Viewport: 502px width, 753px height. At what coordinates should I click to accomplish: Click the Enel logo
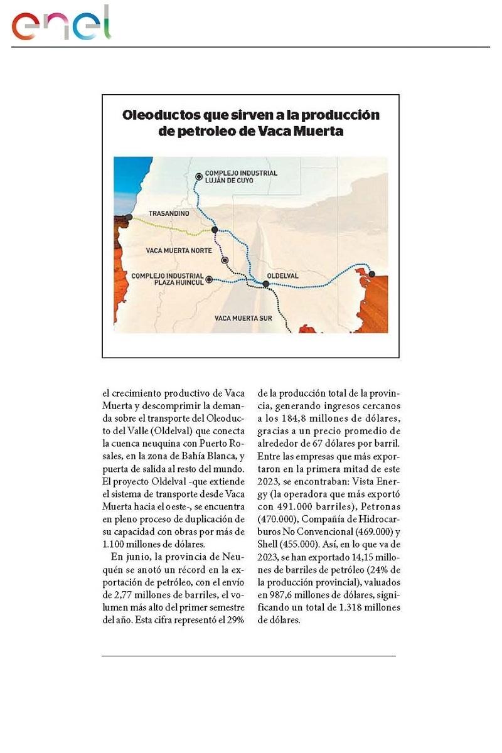[x=61, y=24]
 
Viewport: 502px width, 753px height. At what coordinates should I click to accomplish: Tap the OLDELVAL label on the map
[x=283, y=275]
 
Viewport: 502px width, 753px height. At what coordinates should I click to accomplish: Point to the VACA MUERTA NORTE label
[x=178, y=250]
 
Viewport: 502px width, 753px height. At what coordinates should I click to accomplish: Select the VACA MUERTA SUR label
[x=243, y=318]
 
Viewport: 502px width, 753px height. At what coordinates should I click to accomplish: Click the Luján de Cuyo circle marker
[x=198, y=176]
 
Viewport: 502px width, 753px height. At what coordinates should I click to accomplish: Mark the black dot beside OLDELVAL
[x=266, y=284]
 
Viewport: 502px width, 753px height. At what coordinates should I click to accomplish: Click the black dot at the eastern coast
[x=371, y=274]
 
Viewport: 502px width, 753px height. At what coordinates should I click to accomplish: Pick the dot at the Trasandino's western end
[x=129, y=217]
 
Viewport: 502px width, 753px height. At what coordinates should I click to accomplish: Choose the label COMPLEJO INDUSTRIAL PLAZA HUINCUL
[x=168, y=279]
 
